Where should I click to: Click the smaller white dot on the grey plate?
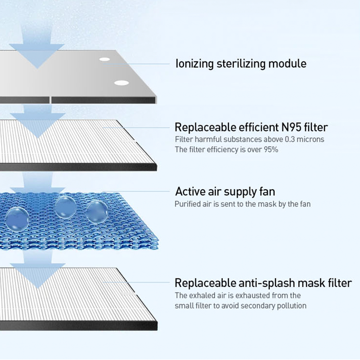(105, 60)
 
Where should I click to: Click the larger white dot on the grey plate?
(121, 82)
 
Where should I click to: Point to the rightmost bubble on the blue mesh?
(97, 211)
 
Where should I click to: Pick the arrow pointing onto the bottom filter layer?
(36, 269)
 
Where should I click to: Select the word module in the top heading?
(287, 63)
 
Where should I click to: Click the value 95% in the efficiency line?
(269, 149)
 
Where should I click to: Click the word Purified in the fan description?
(188, 204)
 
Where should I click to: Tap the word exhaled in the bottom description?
(202, 295)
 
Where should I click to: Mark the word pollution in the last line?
(292, 305)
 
